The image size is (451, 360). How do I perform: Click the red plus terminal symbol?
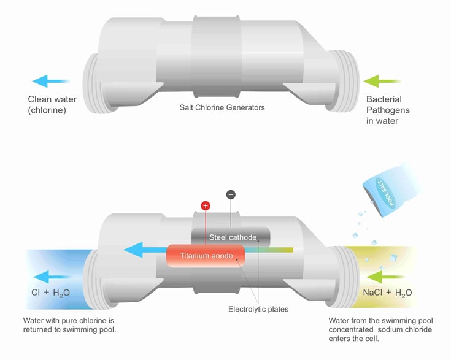205,205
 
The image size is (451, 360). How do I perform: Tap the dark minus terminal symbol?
230,194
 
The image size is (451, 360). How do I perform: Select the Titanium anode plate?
206,256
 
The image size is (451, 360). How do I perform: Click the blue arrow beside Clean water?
51,81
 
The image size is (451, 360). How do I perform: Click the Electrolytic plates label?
258,309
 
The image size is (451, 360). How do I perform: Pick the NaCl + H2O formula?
387,293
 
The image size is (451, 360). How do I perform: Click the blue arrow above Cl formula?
51,275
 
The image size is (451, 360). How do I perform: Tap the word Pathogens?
388,110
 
